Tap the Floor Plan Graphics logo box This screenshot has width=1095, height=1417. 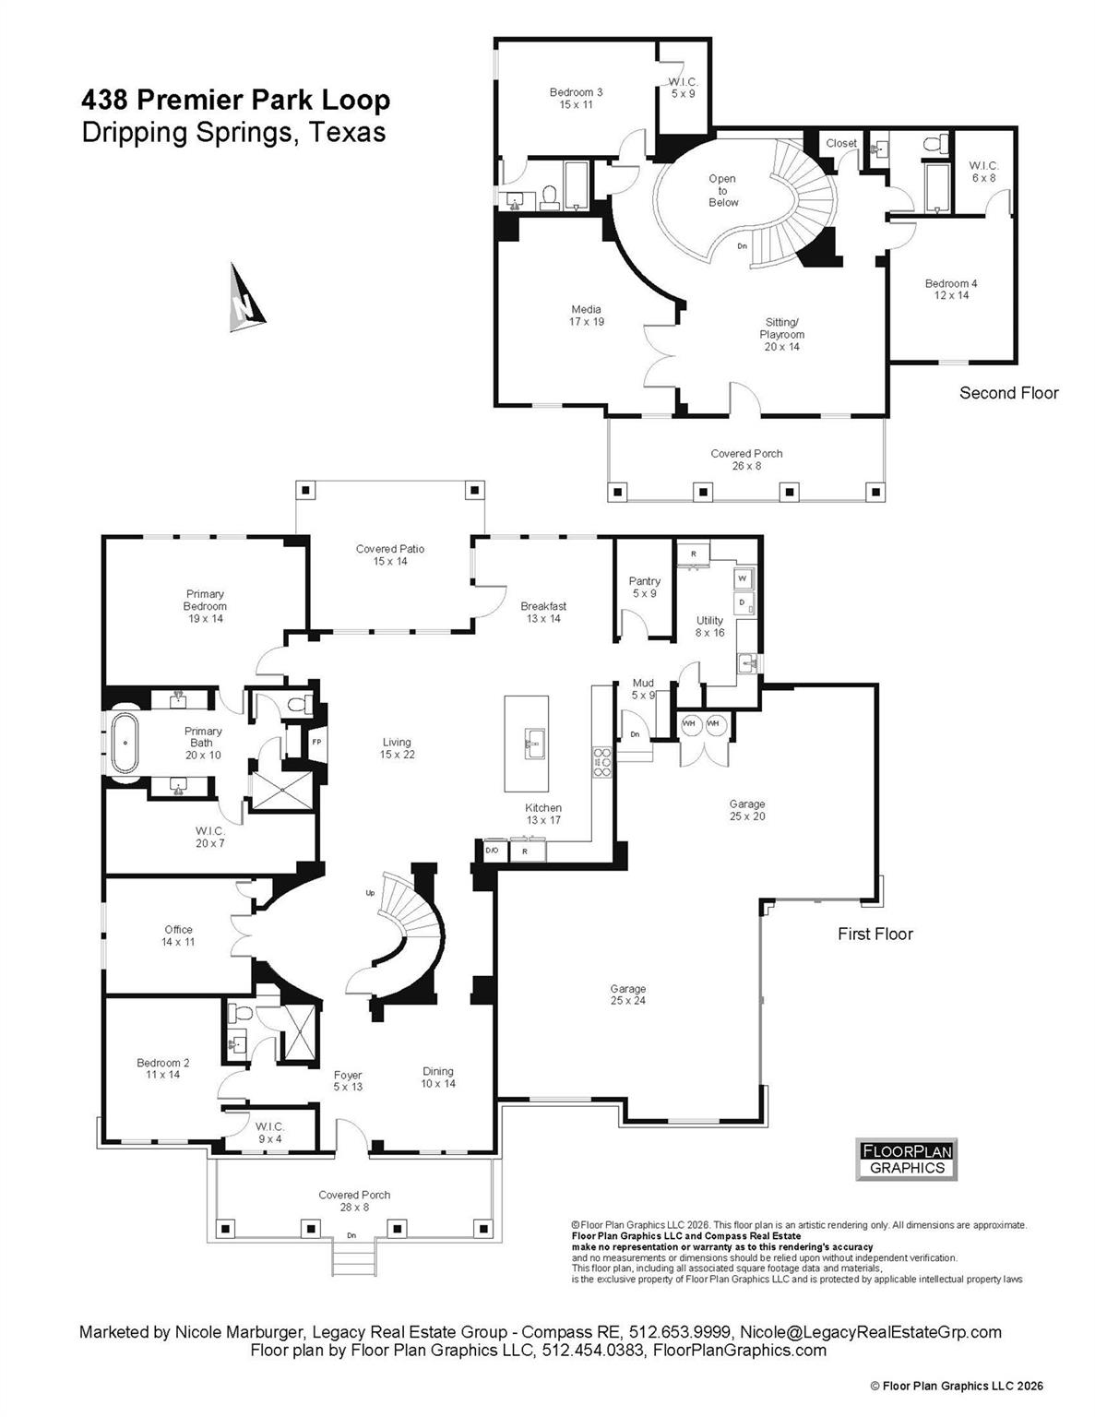(x=906, y=1160)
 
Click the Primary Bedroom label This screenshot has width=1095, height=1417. (x=205, y=606)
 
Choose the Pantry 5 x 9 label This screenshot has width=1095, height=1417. (x=645, y=587)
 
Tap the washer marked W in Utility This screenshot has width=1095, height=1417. (x=742, y=578)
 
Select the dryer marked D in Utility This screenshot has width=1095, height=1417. (x=742, y=602)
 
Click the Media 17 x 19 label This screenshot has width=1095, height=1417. (x=586, y=316)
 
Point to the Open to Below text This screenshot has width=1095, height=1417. (x=722, y=191)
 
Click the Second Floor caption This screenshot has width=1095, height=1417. (x=1008, y=393)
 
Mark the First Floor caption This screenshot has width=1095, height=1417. (x=875, y=934)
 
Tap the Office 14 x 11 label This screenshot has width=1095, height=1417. (x=179, y=935)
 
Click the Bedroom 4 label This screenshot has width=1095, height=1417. (x=951, y=290)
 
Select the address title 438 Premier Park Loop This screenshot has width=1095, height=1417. (x=236, y=100)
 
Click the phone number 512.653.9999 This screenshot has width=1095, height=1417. (x=681, y=1332)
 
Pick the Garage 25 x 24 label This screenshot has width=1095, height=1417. (x=627, y=994)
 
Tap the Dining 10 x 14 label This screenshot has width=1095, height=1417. (x=438, y=1078)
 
